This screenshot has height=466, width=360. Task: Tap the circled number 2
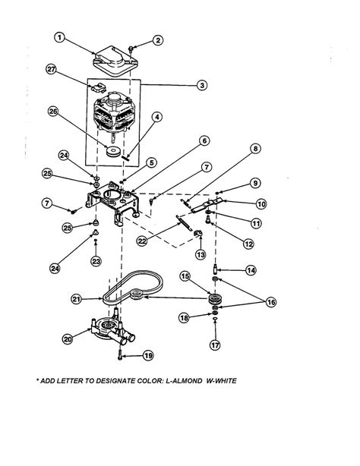[157, 40]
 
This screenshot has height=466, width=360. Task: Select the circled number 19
[147, 355]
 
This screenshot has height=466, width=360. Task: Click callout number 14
[251, 269]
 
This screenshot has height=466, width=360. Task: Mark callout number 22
[141, 240]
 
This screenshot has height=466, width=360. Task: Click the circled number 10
[260, 203]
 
